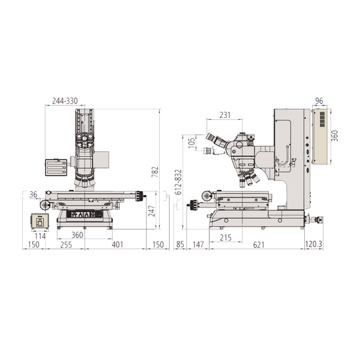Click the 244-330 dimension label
tap(65, 101)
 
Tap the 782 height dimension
tap(155, 171)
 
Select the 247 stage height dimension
tap(152, 211)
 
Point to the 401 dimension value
tap(117, 245)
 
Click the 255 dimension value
tap(66, 245)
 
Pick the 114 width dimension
tap(40, 236)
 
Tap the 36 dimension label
tap(33, 194)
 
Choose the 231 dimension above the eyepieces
tap(225, 115)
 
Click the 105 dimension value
tap(192, 142)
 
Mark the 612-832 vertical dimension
tap(178, 182)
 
